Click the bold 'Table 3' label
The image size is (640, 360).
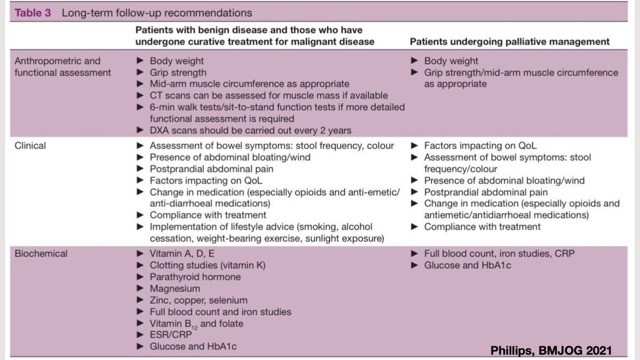(33, 13)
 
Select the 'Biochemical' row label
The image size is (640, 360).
(41, 254)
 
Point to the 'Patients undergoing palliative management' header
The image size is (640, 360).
(510, 42)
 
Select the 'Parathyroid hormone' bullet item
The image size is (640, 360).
(195, 277)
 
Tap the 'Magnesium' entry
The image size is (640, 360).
(175, 289)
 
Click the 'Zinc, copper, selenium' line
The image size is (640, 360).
(198, 300)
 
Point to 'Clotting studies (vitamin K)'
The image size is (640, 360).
(207, 266)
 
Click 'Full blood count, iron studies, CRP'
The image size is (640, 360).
(499, 254)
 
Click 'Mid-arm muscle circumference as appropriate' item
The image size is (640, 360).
(249, 84)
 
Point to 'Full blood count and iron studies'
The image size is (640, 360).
(220, 312)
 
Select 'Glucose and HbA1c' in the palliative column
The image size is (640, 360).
(467, 266)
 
